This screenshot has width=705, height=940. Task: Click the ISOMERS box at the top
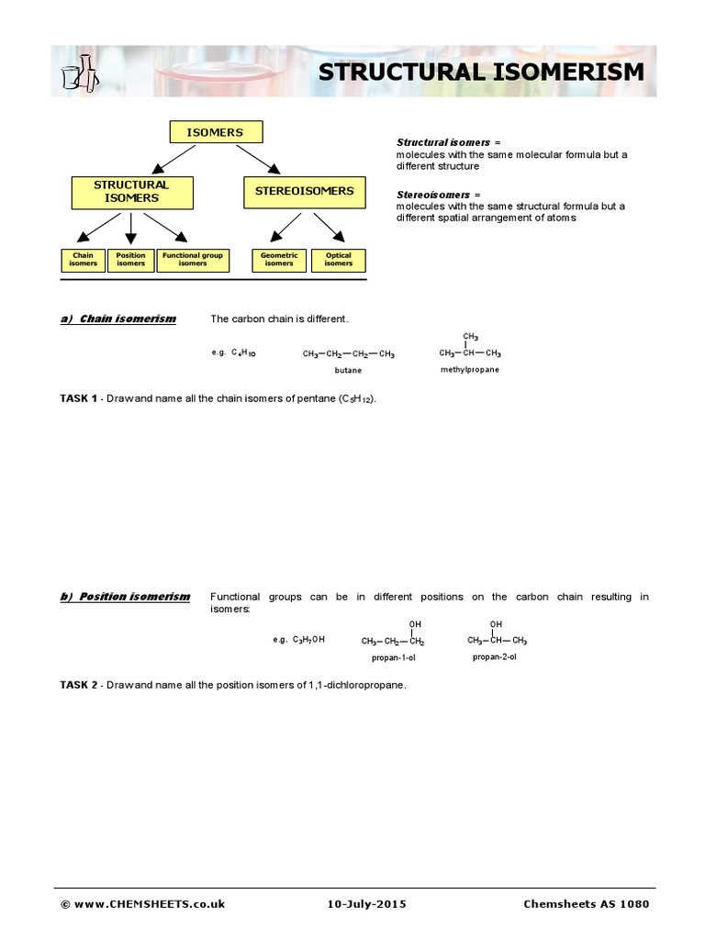coord(215,132)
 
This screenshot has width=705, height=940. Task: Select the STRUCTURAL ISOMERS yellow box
coord(131,191)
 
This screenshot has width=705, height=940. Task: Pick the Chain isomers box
coord(83,259)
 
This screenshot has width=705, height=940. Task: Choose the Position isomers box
coord(130,259)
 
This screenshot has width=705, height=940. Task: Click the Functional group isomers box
coord(193,259)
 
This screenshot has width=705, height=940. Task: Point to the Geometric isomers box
coord(279,259)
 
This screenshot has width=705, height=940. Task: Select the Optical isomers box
coord(338,259)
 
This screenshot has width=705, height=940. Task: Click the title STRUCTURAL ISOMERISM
coord(481,73)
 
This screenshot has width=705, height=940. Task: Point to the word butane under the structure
coord(348,371)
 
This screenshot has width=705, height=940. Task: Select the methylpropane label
coord(470,369)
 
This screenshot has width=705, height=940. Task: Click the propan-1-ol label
coord(394,658)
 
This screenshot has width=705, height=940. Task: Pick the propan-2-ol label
coord(495,657)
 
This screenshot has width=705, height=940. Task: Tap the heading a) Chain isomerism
coord(117,319)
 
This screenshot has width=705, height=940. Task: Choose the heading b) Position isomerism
coord(125,597)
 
